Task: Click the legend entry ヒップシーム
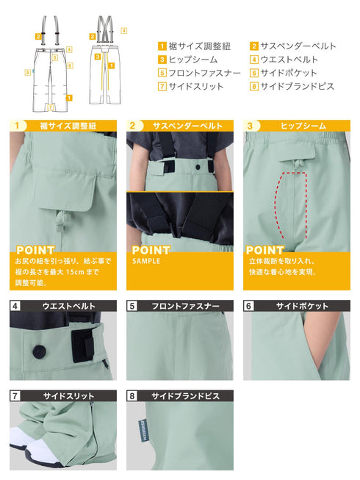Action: tap(190, 60)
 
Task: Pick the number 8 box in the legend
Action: tap(253, 86)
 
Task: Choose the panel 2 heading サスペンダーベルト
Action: tap(187, 126)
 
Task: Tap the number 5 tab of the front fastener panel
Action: tap(132, 305)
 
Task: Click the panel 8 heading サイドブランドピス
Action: tap(187, 395)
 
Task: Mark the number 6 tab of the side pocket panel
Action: tap(249, 305)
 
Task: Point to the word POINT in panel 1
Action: tap(35, 250)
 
